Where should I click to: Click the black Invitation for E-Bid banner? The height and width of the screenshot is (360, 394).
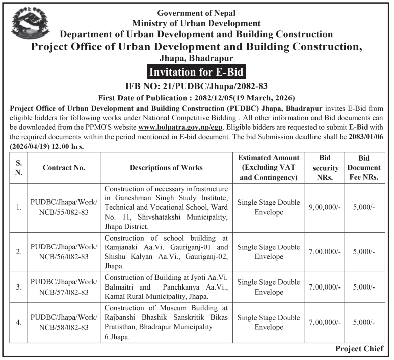pos(196,73)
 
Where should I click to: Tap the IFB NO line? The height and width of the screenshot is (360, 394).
pos(196,86)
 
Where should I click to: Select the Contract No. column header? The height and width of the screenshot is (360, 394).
pos(64,167)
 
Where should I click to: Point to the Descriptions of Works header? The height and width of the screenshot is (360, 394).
pos(166,167)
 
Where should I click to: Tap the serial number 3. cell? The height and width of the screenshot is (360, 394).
pos(19,287)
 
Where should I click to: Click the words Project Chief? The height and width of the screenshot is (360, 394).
pos(359,349)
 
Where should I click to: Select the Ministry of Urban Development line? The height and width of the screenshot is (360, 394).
pos(196,23)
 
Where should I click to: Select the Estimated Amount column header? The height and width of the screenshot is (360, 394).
pos(269,167)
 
